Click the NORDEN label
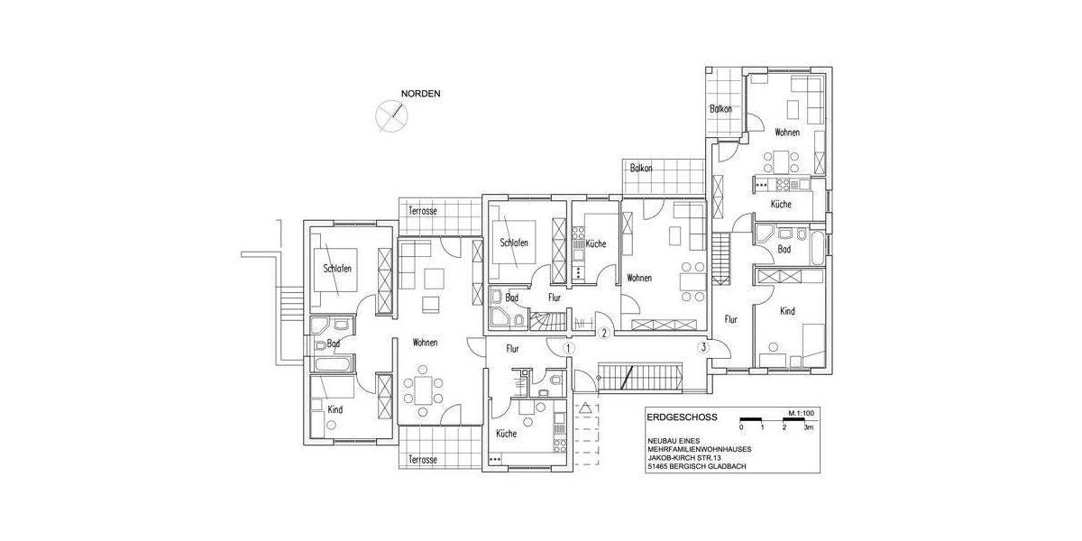[421, 94]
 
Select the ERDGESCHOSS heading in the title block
[681, 417]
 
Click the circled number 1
[568, 347]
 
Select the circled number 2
[606, 333]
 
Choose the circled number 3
[703, 347]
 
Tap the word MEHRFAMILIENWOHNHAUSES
[700, 448]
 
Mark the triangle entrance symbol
[586, 408]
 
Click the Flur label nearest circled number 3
[731, 317]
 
